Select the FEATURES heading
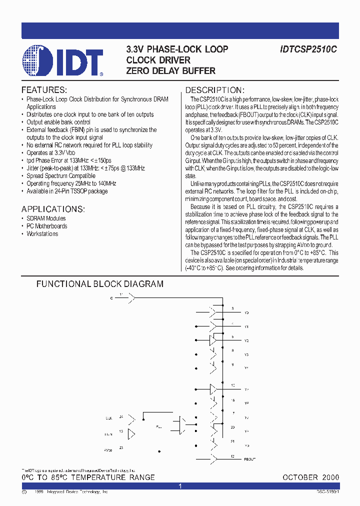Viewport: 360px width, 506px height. [x=44, y=90]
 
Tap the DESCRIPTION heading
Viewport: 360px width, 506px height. [x=214, y=90]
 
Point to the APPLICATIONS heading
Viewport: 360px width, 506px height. [x=53, y=209]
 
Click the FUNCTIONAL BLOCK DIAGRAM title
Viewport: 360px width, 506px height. [x=99, y=284]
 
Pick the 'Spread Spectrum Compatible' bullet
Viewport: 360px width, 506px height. [x=60, y=176]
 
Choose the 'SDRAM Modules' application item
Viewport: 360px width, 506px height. [x=46, y=218]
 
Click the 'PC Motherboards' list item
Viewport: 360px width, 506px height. [x=47, y=226]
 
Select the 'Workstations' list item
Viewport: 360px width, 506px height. [x=42, y=234]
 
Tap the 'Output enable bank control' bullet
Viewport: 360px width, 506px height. [x=58, y=122]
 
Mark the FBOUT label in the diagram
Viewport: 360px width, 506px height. [x=249, y=459]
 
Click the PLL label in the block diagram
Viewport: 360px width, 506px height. [x=158, y=427]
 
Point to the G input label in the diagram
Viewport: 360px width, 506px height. [x=111, y=297]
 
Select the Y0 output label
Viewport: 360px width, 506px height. [x=246, y=312]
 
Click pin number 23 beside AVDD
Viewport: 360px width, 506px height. [x=121, y=448]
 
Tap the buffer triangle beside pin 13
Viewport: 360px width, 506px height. [x=131, y=434]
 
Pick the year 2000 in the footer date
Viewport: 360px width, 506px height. [x=330, y=477]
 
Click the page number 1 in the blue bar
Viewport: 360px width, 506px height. [x=180, y=486]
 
